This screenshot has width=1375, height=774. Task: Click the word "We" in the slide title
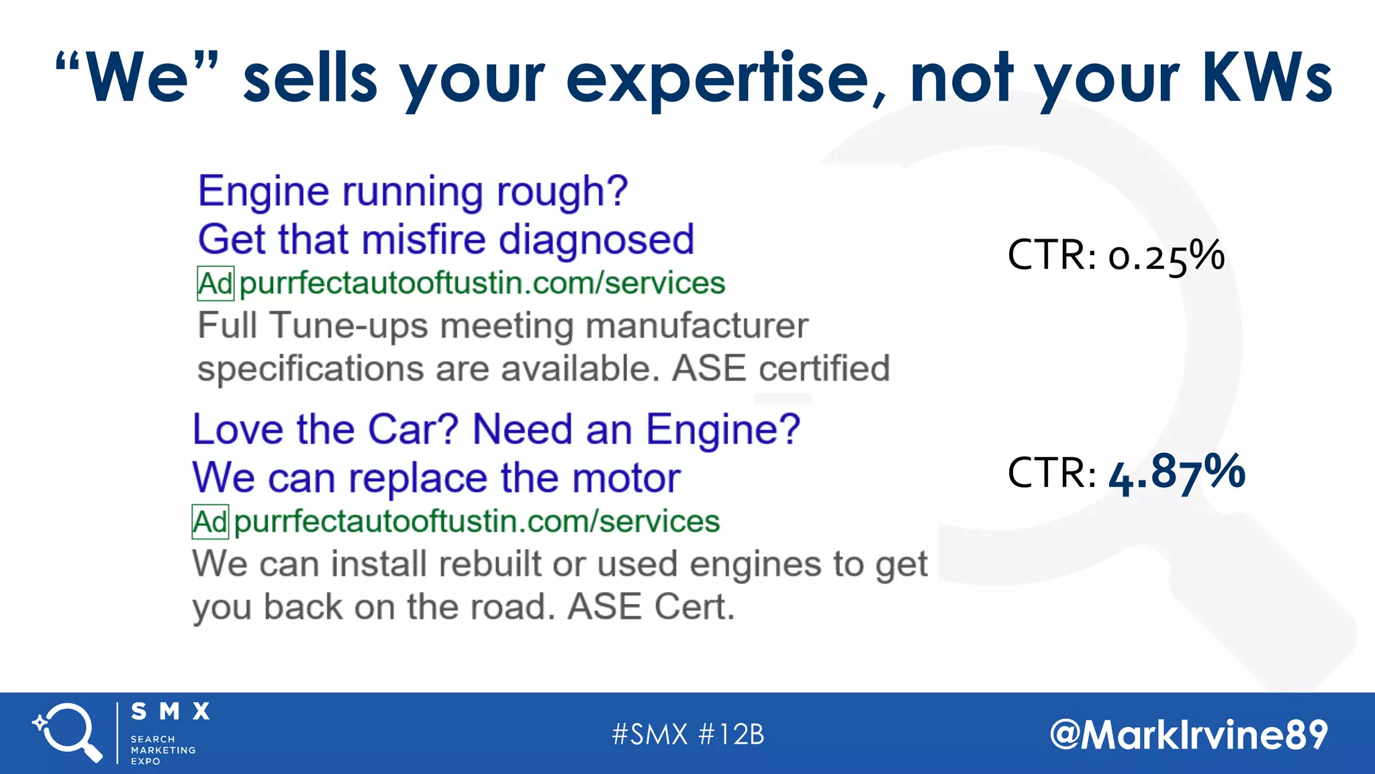click(137, 79)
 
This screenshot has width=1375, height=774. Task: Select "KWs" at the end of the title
click(1266, 79)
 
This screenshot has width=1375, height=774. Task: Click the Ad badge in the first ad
click(216, 284)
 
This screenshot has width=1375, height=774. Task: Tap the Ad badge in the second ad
click(210, 522)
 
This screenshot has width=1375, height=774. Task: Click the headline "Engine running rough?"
click(412, 191)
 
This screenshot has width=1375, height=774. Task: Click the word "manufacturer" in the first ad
click(696, 326)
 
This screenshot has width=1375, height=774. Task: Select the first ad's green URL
click(482, 284)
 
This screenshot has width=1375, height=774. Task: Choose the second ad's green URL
click(477, 522)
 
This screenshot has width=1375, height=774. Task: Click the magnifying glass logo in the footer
click(67, 732)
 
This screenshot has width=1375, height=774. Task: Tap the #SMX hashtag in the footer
click(649, 734)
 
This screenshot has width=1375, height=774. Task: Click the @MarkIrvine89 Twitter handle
click(1188, 734)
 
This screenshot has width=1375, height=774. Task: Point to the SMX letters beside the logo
click(171, 712)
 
